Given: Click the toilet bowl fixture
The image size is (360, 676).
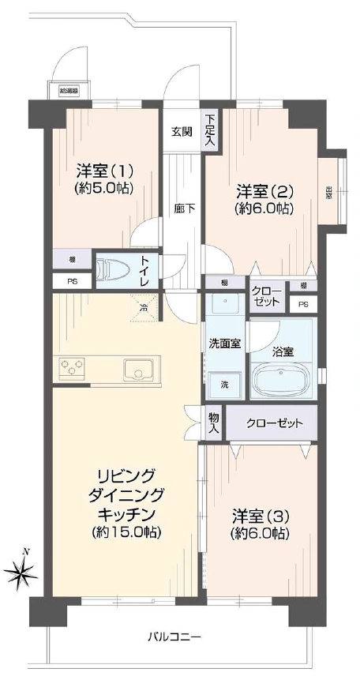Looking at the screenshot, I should (113, 269).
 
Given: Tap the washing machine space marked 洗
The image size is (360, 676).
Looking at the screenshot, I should (225, 384).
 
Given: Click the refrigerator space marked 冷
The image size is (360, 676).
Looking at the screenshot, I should (144, 307).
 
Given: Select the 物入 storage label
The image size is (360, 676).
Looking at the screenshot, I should (214, 422).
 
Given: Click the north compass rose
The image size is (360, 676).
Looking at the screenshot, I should (21, 572).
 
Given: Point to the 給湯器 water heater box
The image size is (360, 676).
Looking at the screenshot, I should (69, 91).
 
